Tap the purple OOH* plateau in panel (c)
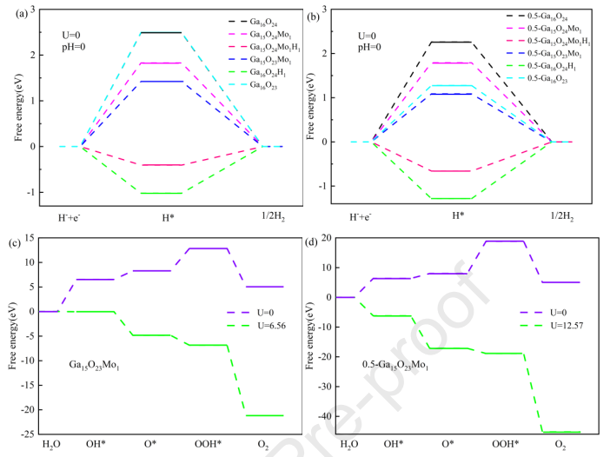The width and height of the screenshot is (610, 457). point(206,248)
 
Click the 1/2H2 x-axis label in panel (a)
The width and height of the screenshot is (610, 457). point(269,215)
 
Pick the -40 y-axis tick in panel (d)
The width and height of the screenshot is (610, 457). point(323,416)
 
